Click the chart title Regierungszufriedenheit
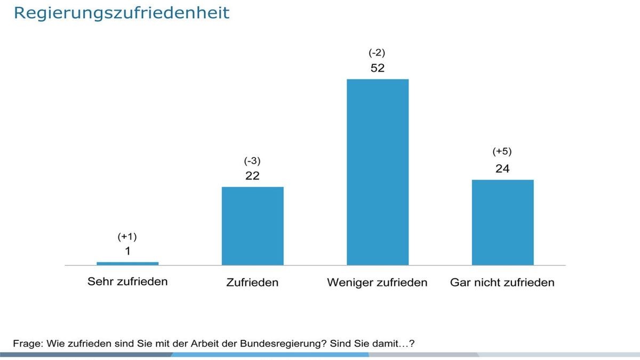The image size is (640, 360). [x=122, y=13]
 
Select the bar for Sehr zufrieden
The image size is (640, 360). [x=127, y=263]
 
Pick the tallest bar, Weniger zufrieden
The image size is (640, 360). [x=378, y=172]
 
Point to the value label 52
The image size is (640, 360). [x=378, y=68]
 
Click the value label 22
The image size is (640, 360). [x=252, y=176]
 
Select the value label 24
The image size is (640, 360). [x=502, y=169]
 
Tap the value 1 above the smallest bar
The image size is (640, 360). [x=127, y=251]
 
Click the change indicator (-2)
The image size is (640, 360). [x=377, y=53]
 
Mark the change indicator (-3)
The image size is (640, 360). [x=252, y=161]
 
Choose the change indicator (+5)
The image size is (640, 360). [x=502, y=152]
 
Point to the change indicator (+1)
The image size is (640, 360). [x=127, y=236]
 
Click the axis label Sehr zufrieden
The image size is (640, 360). [x=127, y=282]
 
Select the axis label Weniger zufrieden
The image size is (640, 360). [x=377, y=282]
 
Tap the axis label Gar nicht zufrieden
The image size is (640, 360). [x=502, y=282]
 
